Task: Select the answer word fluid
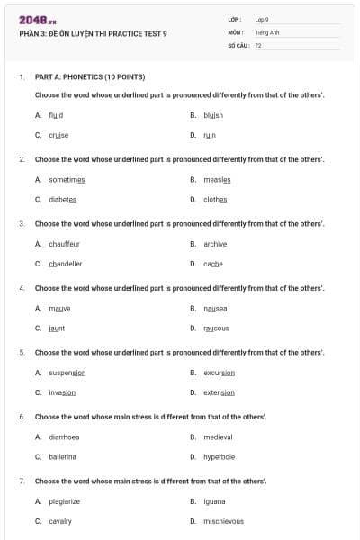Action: pos(56,115)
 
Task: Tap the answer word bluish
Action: pos(213,115)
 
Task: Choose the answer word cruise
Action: pos(58,135)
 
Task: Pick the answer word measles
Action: pos(218,179)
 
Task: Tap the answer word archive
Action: pos(215,244)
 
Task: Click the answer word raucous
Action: pos(216,328)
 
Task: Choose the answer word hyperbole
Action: pos(219,456)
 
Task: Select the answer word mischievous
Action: pos(223,521)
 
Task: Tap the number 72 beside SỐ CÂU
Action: pos(258,44)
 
